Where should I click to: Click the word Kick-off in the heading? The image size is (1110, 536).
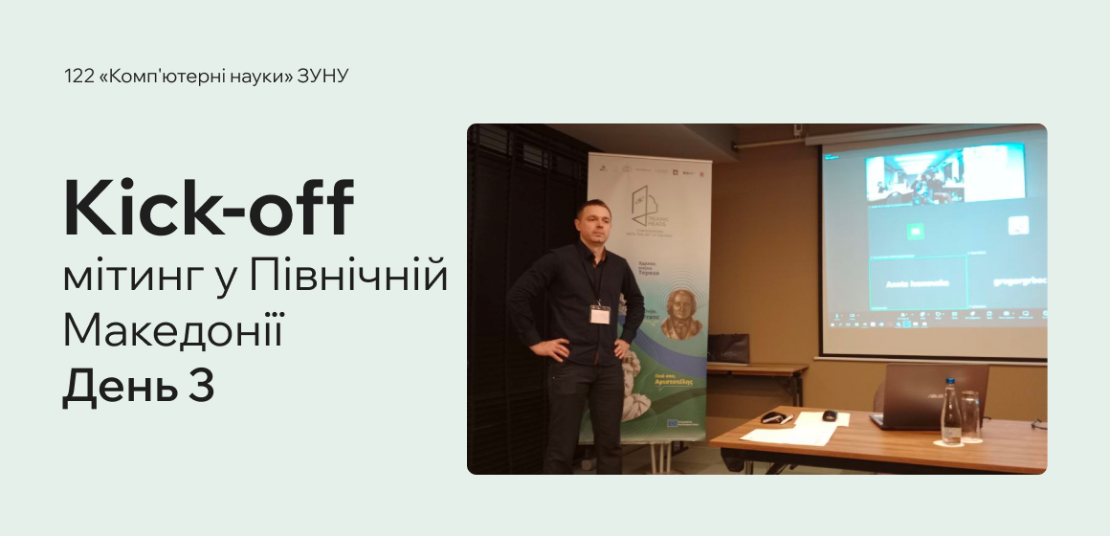tap(209, 209)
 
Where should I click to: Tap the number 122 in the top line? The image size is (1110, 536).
tap(78, 77)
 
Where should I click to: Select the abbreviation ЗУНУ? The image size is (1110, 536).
tap(323, 77)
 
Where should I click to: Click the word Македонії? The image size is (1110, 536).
tap(173, 331)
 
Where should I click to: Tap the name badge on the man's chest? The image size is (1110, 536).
tap(600, 315)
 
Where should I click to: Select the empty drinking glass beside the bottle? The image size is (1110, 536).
tap(971, 417)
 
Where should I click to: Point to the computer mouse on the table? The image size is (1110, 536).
tap(830, 415)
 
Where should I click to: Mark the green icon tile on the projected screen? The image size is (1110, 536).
tap(914, 230)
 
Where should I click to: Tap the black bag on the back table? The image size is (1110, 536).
tap(728, 347)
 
